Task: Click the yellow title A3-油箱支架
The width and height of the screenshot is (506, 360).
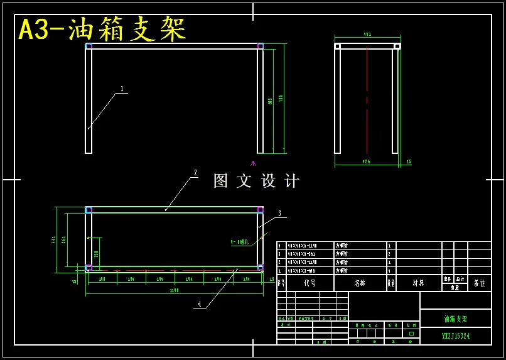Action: (x=102, y=30)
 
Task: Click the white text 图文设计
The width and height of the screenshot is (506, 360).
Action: (x=256, y=181)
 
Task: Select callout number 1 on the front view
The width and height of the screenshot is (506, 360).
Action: (x=122, y=89)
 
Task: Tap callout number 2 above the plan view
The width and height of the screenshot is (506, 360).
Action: (x=196, y=173)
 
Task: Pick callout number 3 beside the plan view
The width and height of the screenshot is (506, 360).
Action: (x=279, y=214)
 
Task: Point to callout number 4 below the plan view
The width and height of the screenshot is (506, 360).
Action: (x=200, y=304)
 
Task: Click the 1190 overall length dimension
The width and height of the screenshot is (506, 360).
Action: (x=175, y=290)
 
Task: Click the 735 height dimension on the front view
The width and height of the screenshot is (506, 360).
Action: (x=281, y=99)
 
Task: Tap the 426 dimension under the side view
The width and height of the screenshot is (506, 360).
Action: (x=366, y=161)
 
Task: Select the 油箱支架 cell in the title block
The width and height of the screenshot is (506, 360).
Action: (x=455, y=319)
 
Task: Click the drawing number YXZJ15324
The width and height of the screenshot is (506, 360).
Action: (x=455, y=336)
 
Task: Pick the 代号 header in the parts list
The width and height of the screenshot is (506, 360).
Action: (x=310, y=283)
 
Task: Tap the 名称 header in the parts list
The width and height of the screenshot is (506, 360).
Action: (x=359, y=283)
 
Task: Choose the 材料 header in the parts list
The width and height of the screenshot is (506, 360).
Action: (x=418, y=283)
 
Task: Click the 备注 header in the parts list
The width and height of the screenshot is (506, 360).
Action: (x=479, y=283)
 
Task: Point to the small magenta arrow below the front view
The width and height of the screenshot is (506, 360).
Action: (x=253, y=163)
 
